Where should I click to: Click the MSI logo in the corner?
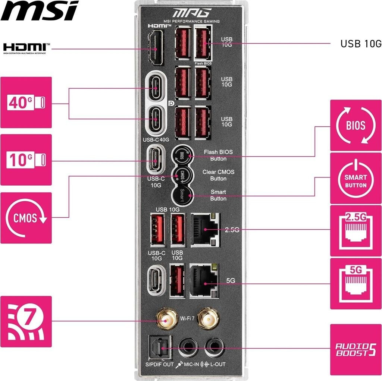pyautogui.click(x=40, y=11)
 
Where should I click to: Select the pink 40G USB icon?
pyautogui.click(x=26, y=102)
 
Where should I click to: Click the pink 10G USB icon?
pyautogui.click(x=26, y=160)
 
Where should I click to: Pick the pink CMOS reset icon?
pyautogui.click(x=26, y=218)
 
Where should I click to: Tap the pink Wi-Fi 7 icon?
pyautogui.click(x=26, y=321)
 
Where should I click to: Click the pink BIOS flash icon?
pyautogui.click(x=356, y=125)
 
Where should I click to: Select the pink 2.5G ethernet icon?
pyautogui.click(x=356, y=230)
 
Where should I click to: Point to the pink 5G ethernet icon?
pyautogui.click(x=356, y=283)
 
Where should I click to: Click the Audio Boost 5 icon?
pyautogui.click(x=356, y=350)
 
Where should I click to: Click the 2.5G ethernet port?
pyautogui.click(x=204, y=230)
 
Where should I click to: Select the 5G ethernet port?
pyautogui.click(x=204, y=281)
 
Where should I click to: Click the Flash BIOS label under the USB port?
pyautogui.click(x=203, y=63)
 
